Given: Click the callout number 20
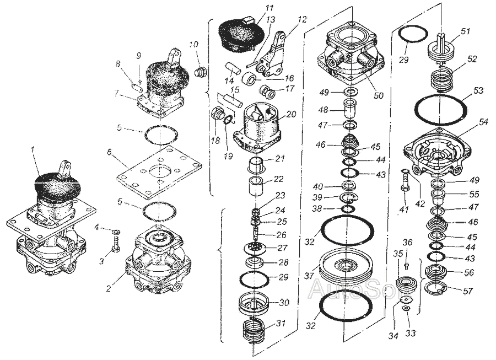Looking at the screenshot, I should (291, 115).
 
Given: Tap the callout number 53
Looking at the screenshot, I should (478, 90).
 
